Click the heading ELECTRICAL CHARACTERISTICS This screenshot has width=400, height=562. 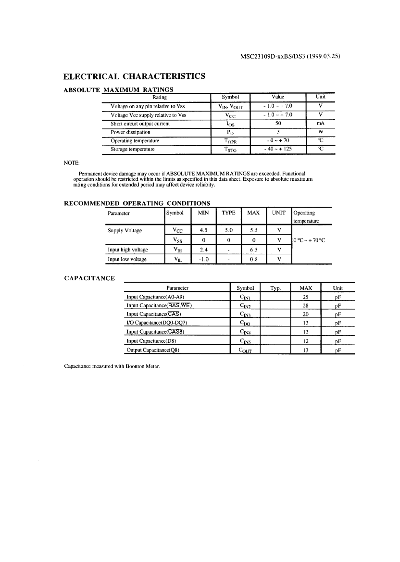point(135,76)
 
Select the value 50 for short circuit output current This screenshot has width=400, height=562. point(278,123)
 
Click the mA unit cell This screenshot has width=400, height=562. point(320,123)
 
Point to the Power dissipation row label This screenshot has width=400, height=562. point(130,132)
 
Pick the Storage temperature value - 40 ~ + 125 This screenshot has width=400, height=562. point(278,149)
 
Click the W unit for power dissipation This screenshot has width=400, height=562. point(320,132)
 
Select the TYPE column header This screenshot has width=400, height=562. point(228,212)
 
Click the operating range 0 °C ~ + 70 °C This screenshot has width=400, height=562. point(309,240)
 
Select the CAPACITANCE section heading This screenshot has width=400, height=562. point(89,278)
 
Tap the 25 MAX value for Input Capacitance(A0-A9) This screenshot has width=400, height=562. point(305,297)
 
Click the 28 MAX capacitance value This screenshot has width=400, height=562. point(305,306)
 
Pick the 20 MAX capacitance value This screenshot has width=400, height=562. point(305,314)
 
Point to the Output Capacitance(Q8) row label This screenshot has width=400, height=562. point(152,350)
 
